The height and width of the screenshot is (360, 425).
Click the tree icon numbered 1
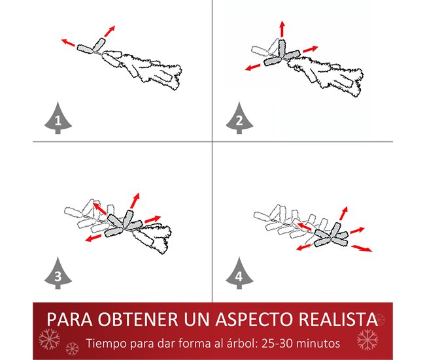(x=58, y=119)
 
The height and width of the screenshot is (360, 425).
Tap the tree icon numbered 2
(x=239, y=119)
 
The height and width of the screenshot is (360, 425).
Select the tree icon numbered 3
(x=58, y=274)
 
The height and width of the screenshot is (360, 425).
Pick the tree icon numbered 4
(x=239, y=274)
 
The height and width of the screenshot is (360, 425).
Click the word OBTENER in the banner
(x=138, y=319)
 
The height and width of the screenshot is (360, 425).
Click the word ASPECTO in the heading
(x=254, y=319)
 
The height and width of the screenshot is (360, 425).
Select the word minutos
(x=318, y=343)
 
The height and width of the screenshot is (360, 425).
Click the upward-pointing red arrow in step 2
(x=282, y=29)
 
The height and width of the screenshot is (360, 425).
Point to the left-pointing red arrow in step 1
(x=68, y=42)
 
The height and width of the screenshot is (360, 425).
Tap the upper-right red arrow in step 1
(x=109, y=31)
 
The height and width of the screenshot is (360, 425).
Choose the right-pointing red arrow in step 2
(x=311, y=49)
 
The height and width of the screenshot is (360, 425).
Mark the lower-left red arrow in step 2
(x=253, y=67)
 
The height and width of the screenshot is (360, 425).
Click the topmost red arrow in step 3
(x=135, y=201)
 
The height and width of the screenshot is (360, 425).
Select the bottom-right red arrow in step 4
(x=362, y=248)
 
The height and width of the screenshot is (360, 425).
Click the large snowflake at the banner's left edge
(x=49, y=339)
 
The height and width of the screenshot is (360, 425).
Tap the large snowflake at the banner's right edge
(x=367, y=339)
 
